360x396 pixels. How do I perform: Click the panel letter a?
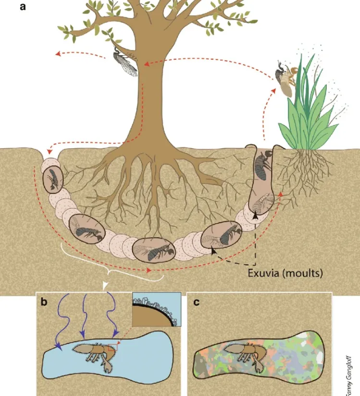coord(23,7)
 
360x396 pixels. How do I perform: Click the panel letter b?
coord(44,302)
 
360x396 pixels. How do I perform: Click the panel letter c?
coord(196,302)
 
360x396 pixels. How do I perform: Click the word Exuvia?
coord(264,273)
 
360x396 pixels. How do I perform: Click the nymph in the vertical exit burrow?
coord(263,165)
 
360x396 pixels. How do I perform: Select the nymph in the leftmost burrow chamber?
coord(53,179)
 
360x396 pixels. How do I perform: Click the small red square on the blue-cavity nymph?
coord(112,347)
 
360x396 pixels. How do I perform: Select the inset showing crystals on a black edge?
coord(157,309)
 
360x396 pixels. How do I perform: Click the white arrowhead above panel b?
coord(105,285)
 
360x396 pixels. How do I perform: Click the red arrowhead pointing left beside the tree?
coord(58,53)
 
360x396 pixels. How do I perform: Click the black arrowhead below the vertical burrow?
coord(255,216)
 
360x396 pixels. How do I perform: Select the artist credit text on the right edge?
coord(348,375)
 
